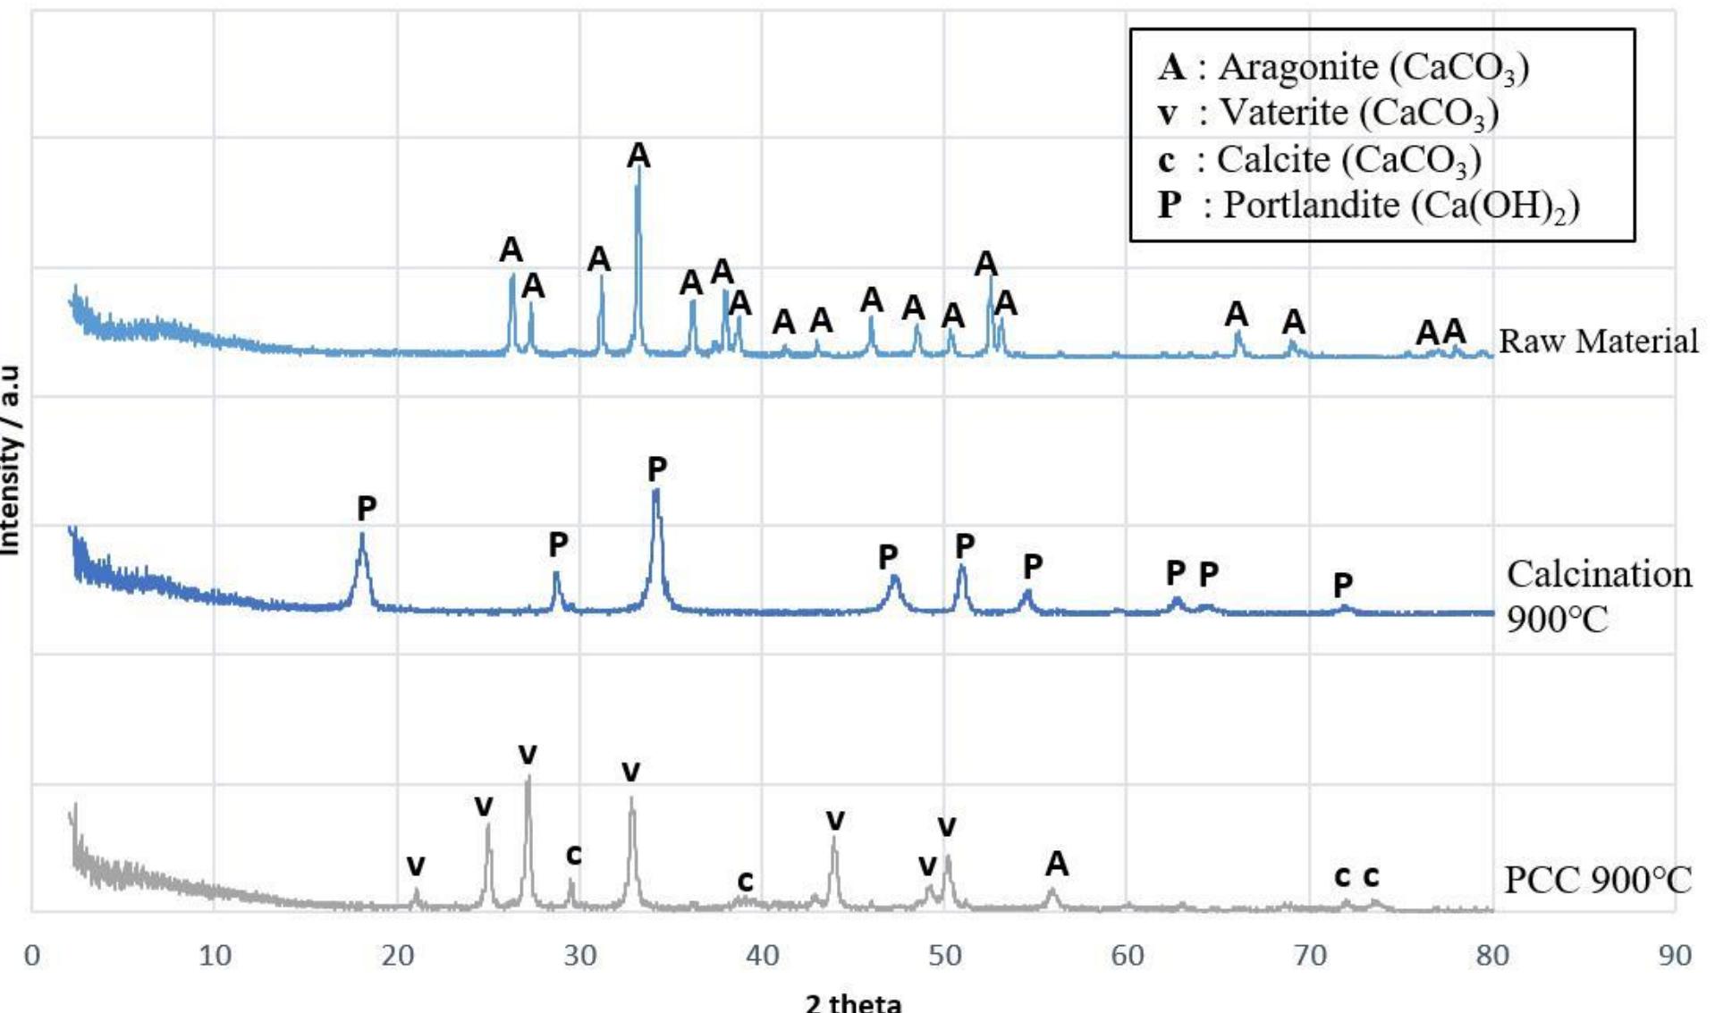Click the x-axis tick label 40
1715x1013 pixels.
click(x=762, y=955)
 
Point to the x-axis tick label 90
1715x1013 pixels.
click(x=1674, y=955)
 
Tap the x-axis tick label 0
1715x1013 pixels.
click(x=32, y=955)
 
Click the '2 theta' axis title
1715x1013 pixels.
click(x=853, y=1001)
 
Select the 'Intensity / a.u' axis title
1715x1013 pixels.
click(x=11, y=460)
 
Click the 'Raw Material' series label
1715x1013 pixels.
click(x=1597, y=341)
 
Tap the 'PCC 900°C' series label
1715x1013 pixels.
click(x=1597, y=880)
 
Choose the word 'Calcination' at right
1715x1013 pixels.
click(x=1599, y=574)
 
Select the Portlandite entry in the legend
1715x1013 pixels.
click(x=1368, y=205)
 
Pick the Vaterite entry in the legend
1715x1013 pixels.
click(x=1328, y=113)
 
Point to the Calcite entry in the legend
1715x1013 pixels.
click(x=1320, y=159)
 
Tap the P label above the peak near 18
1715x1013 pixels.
click(x=367, y=508)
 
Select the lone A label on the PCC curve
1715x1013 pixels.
click(x=1057, y=864)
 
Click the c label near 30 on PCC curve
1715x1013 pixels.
click(x=573, y=855)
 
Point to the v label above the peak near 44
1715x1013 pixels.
click(x=835, y=819)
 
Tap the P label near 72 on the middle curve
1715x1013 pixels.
click(x=1342, y=585)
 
